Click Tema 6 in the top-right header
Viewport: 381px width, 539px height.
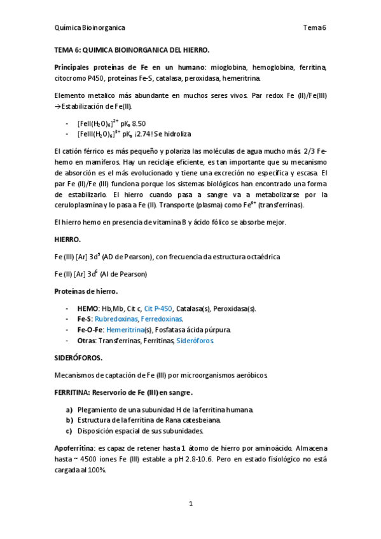(314, 28)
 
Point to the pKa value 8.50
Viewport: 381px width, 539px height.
(139, 123)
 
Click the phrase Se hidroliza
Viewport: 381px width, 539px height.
(170, 134)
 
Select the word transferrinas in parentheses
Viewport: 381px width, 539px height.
(282, 205)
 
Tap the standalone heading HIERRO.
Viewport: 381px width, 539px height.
(67, 240)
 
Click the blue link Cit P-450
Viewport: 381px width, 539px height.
(158, 309)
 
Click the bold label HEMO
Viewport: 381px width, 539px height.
(88, 309)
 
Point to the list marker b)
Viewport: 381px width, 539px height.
(69, 420)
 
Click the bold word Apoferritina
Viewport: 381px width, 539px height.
(75, 448)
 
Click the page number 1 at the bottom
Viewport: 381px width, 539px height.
(190, 504)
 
